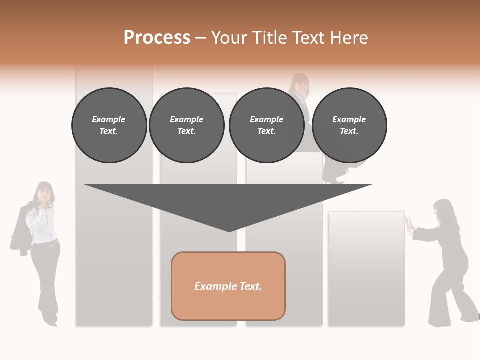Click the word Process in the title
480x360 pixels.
157,38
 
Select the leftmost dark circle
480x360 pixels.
109,125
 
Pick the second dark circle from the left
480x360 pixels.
187,125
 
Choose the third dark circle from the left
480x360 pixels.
267,125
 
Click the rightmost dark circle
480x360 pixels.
349,125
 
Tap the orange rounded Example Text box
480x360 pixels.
228,286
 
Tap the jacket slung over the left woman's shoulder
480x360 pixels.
20,230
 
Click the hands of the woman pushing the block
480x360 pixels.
408,223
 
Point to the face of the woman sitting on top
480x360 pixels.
301,84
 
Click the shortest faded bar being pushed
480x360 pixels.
366,270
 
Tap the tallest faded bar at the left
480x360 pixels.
114,250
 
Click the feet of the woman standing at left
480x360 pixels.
50,320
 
